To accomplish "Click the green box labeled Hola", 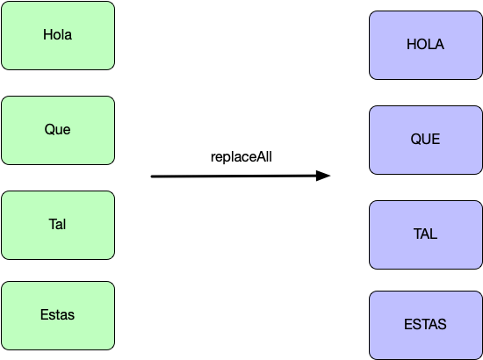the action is click(58, 35).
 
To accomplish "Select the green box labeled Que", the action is click(58, 130).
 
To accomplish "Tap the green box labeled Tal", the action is click(58, 225).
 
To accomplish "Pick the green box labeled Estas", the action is click(58, 315).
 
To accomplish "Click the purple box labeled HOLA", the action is click(426, 46).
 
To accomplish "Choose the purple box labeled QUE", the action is click(426, 140).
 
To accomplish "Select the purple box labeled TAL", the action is click(426, 235).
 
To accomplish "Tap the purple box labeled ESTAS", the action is click(426, 325).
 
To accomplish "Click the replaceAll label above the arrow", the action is click(241, 157).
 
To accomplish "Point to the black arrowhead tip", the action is click(330, 176).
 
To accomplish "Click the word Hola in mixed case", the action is click(58, 34).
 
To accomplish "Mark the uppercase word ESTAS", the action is click(425, 324).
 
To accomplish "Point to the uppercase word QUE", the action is click(425, 140).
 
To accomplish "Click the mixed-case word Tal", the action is click(57, 224).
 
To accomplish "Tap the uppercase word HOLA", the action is click(425, 45).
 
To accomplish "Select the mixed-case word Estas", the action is click(57, 314).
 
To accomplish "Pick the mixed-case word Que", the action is click(57, 129).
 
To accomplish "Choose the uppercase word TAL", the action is click(425, 234).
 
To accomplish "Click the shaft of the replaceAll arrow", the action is click(234, 176).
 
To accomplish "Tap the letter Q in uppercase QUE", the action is click(415, 140).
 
